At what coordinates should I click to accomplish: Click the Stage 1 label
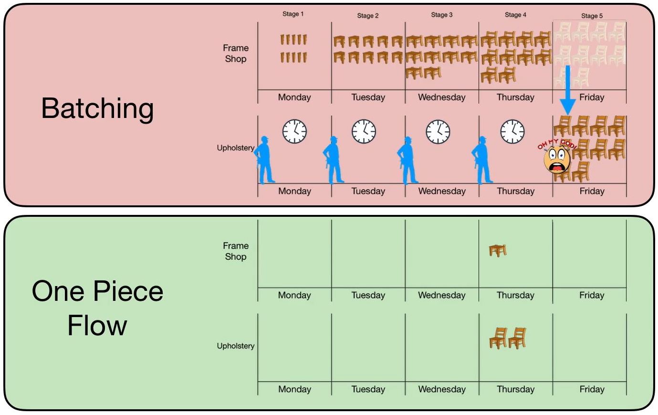pyautogui.click(x=292, y=14)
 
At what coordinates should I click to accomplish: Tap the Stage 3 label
pyautogui.click(x=441, y=15)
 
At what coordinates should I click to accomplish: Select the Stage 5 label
pyautogui.click(x=591, y=16)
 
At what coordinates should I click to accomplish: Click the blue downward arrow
pyautogui.click(x=567, y=91)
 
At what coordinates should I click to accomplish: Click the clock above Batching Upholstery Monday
pyautogui.click(x=294, y=131)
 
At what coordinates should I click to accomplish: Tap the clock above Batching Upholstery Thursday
pyautogui.click(x=512, y=131)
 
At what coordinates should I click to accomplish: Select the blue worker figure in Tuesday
pyautogui.click(x=333, y=160)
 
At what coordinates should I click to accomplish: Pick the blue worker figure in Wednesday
pyautogui.click(x=407, y=160)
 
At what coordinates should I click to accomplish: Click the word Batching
pyautogui.click(x=97, y=108)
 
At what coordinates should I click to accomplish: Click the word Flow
pyautogui.click(x=97, y=326)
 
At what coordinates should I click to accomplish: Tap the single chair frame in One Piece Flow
pyautogui.click(x=497, y=250)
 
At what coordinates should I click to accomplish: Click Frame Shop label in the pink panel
pyautogui.click(x=236, y=53)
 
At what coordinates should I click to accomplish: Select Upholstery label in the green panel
pyautogui.click(x=236, y=346)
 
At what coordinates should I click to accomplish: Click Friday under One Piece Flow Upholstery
pyautogui.click(x=592, y=389)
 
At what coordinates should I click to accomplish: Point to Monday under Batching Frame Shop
pyautogui.click(x=294, y=97)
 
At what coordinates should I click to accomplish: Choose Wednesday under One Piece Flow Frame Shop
pyautogui.click(x=441, y=295)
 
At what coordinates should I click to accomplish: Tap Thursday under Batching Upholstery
pyautogui.click(x=515, y=191)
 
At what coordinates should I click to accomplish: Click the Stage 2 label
pyautogui.click(x=367, y=16)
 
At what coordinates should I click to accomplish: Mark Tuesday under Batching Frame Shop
pyautogui.click(x=368, y=97)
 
